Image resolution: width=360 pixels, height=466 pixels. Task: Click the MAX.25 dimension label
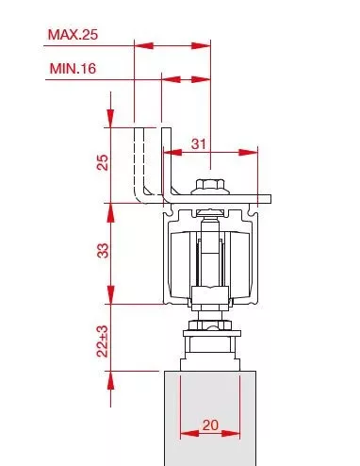73,34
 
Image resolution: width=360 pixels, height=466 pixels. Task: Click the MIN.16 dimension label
73,68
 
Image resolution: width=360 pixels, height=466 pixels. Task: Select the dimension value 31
199,144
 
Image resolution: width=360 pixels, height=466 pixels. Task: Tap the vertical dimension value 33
103,251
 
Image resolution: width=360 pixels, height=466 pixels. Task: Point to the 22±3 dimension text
103,341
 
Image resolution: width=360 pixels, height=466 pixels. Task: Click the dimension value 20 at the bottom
210,425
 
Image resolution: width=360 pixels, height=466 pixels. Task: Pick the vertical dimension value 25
103,162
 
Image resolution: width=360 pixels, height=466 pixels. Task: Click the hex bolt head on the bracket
210,185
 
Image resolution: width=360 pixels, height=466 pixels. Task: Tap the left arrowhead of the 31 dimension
172,153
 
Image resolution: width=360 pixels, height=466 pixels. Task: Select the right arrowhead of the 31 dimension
248,153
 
